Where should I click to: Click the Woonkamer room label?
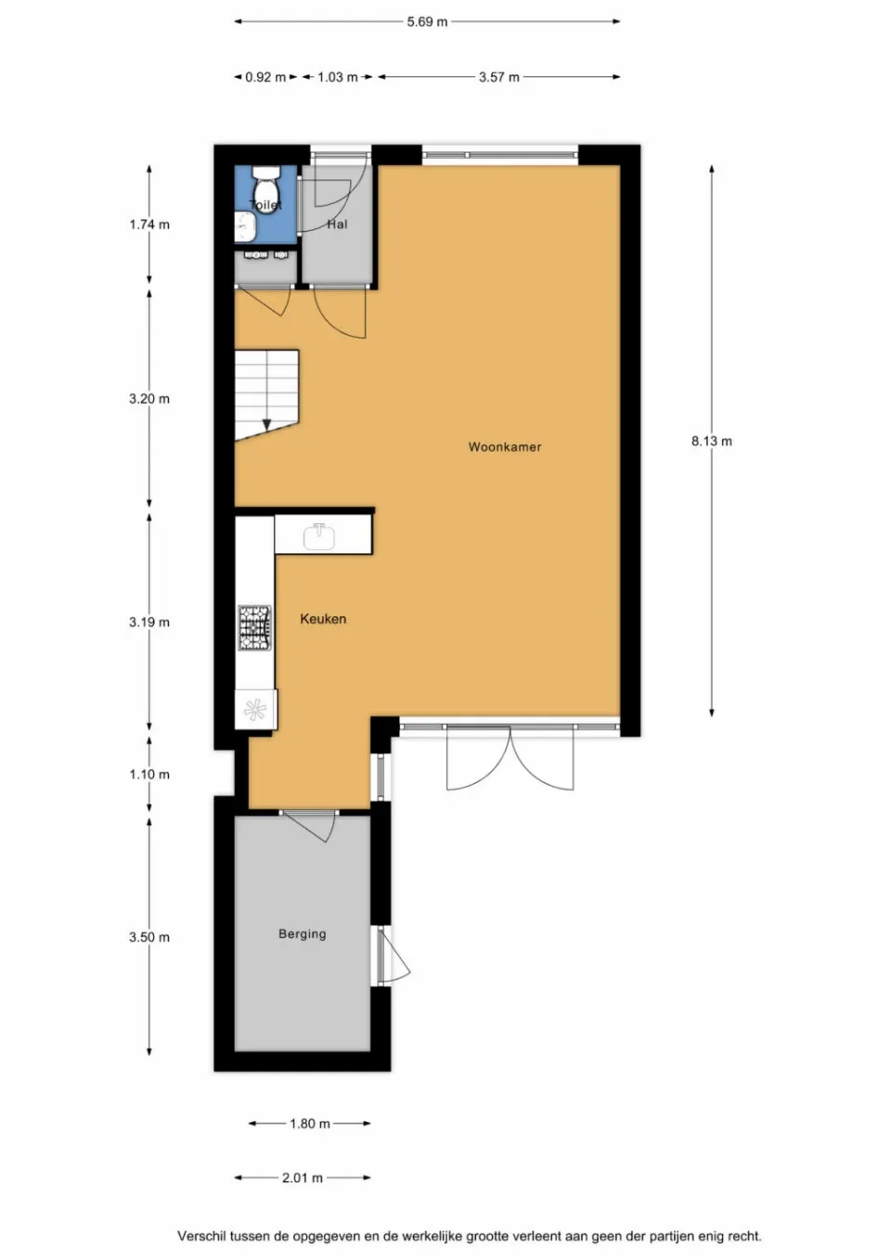(504, 447)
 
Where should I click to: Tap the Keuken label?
(323, 619)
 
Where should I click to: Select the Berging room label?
(302, 934)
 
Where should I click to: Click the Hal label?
(337, 225)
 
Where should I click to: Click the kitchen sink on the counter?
(318, 535)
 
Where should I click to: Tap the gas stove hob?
(254, 628)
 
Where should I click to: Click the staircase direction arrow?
(267, 423)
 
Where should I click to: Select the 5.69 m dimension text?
(427, 21)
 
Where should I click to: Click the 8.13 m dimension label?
(711, 442)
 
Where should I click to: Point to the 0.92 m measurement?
(265, 77)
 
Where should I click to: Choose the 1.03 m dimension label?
(338, 77)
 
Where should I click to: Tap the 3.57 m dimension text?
(498, 77)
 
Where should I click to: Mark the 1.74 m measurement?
(149, 225)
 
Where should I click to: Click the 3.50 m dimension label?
(149, 937)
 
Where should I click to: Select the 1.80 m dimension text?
(309, 1124)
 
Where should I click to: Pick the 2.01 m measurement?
(303, 1177)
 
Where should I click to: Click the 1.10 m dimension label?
(149, 775)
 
